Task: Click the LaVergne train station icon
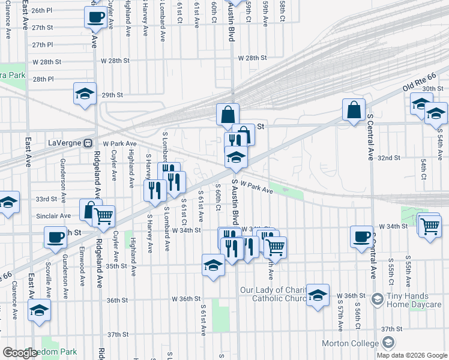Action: (88, 144)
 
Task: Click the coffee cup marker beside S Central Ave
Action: (361, 236)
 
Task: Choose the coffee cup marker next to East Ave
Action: (55, 237)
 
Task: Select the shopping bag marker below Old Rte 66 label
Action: (354, 109)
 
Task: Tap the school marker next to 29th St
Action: (85, 94)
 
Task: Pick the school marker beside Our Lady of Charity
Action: (318, 295)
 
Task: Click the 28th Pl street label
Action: (43, 79)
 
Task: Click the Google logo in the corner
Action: (20, 353)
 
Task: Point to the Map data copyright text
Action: (412, 355)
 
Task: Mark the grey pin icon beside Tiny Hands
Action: (377, 298)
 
